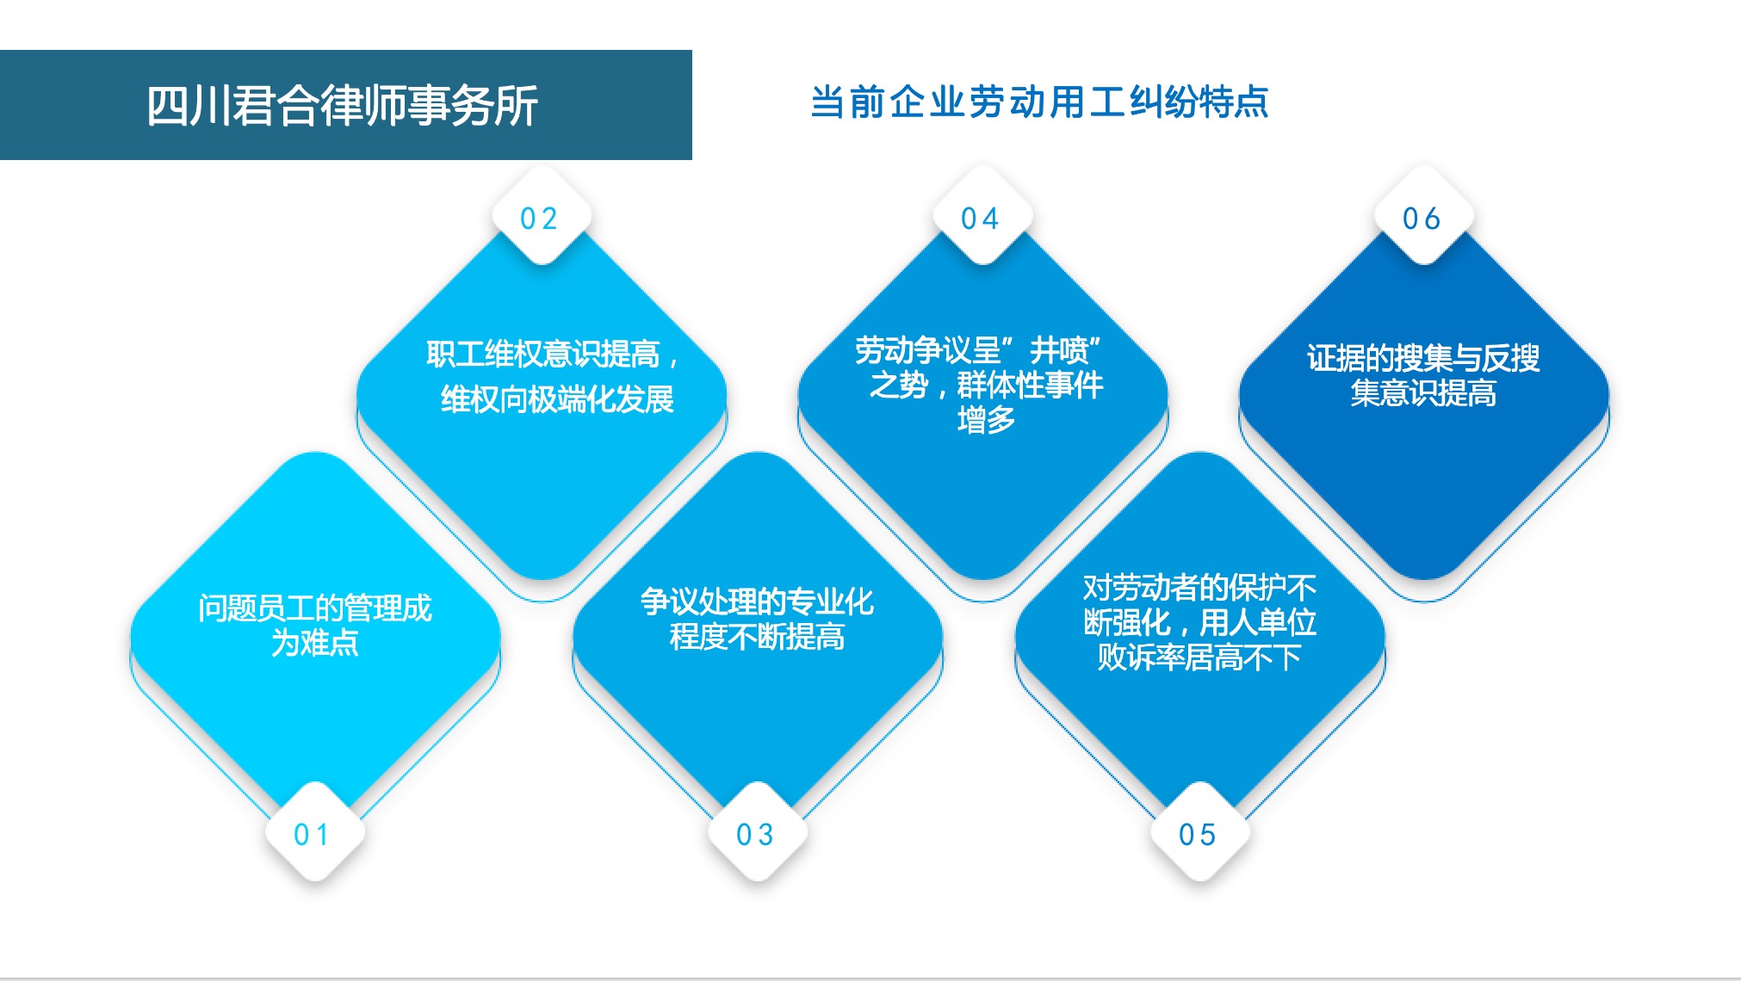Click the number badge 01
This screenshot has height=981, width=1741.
[x=315, y=833]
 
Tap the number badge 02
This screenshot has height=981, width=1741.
[x=541, y=216]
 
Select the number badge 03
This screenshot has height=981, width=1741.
[x=757, y=833]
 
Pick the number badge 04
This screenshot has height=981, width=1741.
[x=982, y=216]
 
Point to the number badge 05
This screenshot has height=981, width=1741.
[x=1199, y=833]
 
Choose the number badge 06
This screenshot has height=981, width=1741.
[x=1424, y=216]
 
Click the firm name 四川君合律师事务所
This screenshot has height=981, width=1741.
[x=343, y=106]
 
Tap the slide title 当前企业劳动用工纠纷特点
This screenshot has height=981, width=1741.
[x=1039, y=102]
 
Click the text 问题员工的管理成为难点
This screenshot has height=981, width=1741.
[x=315, y=626]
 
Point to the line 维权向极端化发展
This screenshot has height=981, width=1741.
[x=557, y=399]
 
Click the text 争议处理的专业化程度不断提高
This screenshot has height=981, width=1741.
[x=757, y=620]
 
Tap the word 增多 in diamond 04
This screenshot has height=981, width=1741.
[x=986, y=420]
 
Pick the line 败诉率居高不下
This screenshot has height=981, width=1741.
[x=1199, y=657]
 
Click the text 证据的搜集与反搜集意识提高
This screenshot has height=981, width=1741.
[x=1423, y=375]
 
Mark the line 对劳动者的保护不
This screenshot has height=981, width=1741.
[x=1199, y=588]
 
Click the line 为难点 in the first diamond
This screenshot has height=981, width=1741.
[x=315, y=643]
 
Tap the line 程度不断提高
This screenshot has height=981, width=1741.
[x=757, y=637]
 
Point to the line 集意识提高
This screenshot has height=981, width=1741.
[x=1423, y=393]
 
